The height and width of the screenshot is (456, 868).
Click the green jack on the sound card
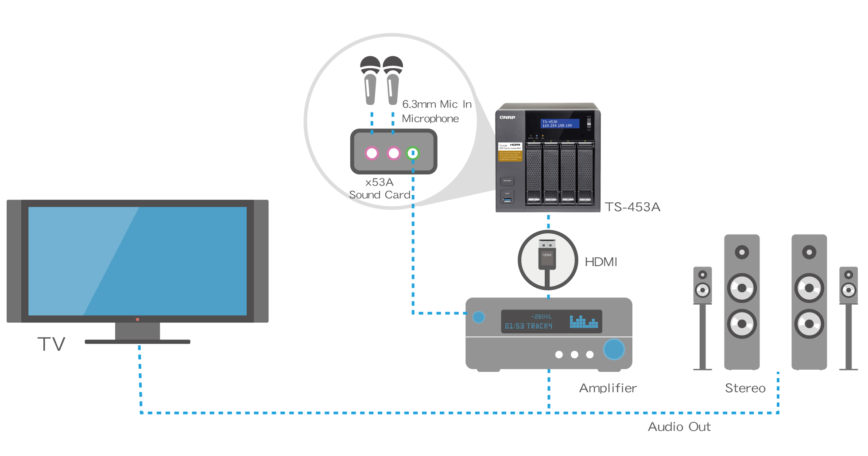pyautogui.click(x=413, y=153)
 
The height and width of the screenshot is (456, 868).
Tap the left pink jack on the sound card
pyautogui.click(x=372, y=153)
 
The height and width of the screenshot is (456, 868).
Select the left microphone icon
pyautogui.click(x=370, y=80)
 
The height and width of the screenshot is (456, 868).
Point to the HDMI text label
pyautogui.click(x=601, y=262)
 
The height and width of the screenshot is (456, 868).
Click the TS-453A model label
pyautogui.click(x=632, y=207)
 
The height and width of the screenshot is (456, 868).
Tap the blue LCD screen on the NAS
pyautogui.click(x=560, y=124)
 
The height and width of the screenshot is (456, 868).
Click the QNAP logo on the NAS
pyautogui.click(x=508, y=117)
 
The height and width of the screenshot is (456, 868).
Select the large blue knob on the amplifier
pyautogui.click(x=614, y=349)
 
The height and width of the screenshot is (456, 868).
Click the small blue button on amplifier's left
pyautogui.click(x=479, y=317)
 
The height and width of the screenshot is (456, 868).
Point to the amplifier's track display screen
pyautogui.click(x=551, y=321)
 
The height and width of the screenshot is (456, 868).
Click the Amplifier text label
pyautogui.click(x=608, y=388)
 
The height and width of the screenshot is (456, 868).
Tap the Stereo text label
pyautogui.click(x=745, y=388)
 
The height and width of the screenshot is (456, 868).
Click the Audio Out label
pyautogui.click(x=679, y=427)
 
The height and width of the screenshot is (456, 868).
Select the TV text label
pyautogui.click(x=51, y=344)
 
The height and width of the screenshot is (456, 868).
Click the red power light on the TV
pyautogui.click(x=138, y=319)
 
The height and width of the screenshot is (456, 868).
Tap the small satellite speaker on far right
pyautogui.click(x=848, y=285)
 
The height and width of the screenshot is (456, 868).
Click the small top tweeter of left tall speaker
pyautogui.click(x=742, y=252)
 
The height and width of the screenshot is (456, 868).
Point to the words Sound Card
pyautogui.click(x=380, y=195)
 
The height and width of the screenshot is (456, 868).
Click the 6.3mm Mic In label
pyautogui.click(x=437, y=104)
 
